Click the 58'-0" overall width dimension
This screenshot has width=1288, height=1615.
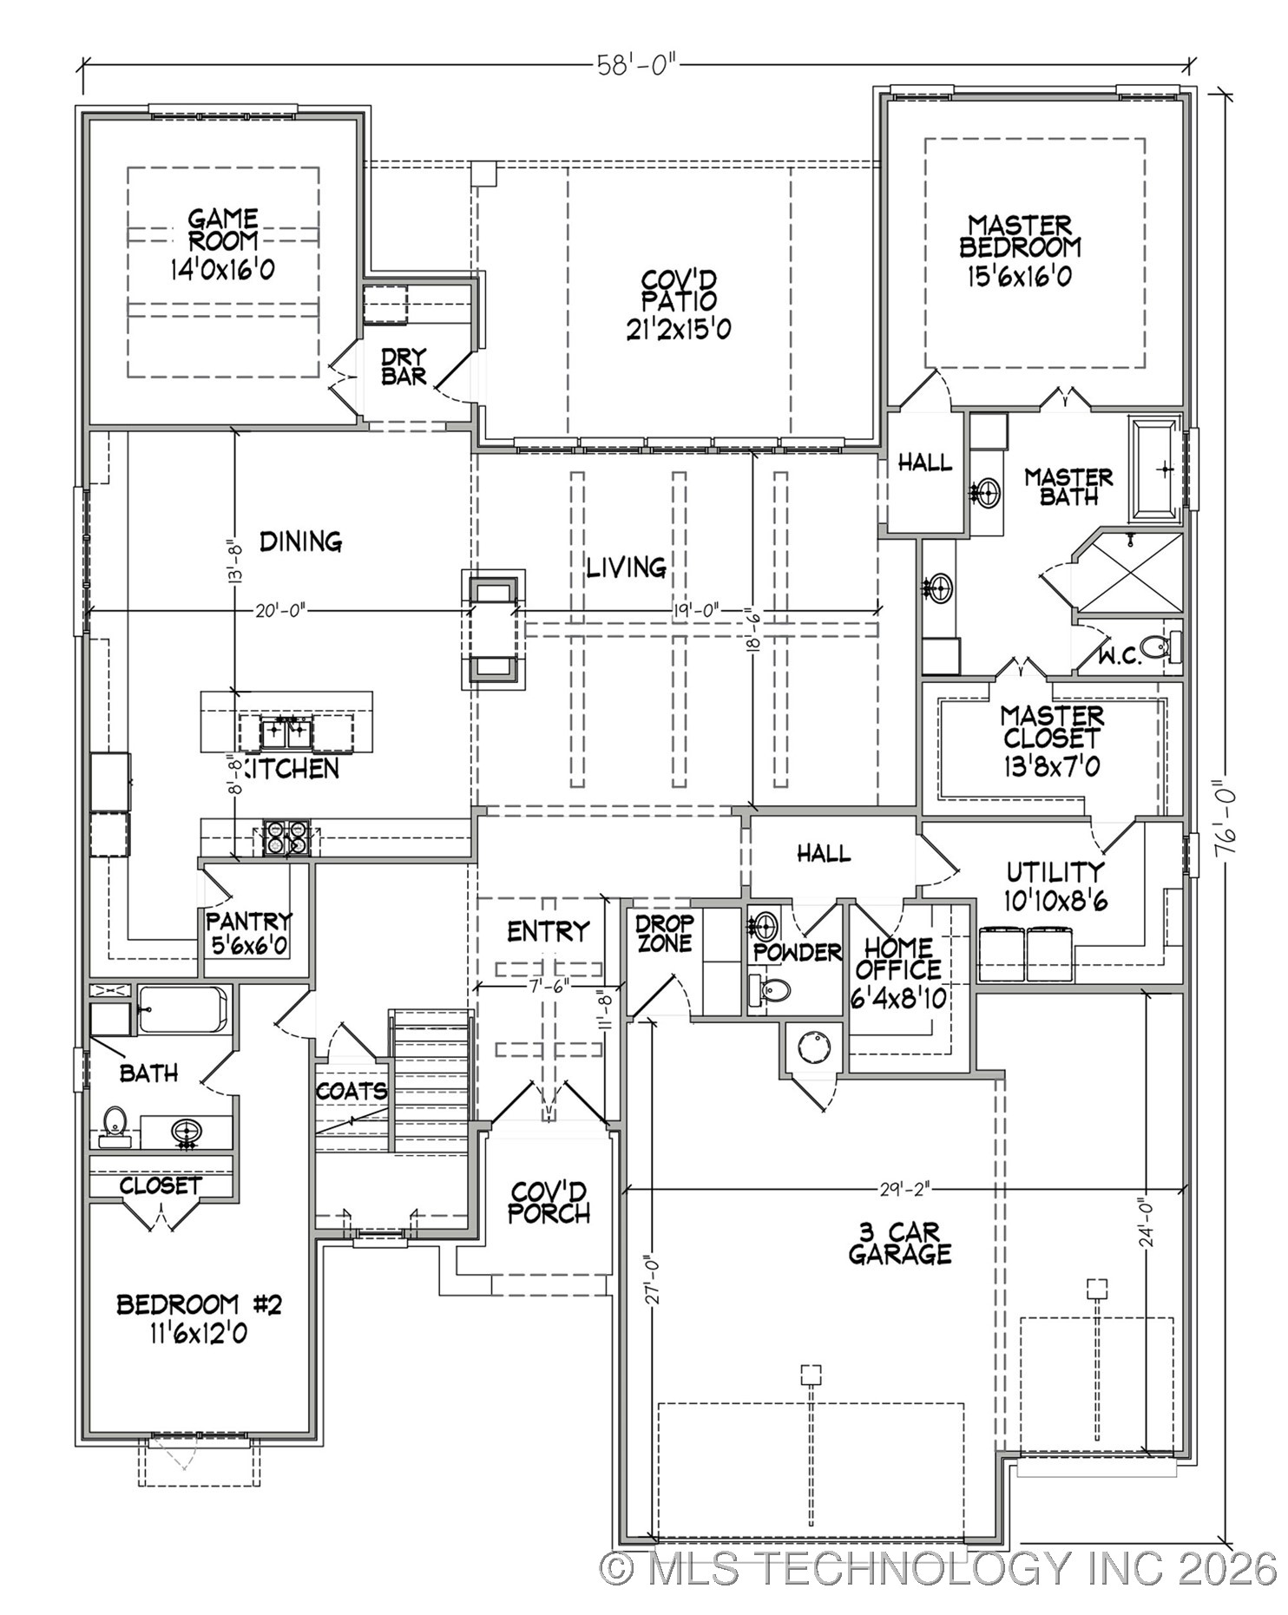click(636, 65)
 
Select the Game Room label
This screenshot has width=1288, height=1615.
click(223, 230)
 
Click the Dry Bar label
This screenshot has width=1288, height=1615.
click(404, 366)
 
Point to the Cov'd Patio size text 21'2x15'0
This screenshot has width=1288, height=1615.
click(679, 330)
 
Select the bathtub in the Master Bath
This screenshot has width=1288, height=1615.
click(1155, 469)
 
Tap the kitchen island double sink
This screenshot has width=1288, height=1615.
click(286, 733)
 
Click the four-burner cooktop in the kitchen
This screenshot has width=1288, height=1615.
click(286, 837)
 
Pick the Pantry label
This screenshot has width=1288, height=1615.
click(248, 920)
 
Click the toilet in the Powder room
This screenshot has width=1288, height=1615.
click(772, 989)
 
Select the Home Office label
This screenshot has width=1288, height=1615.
click(897, 958)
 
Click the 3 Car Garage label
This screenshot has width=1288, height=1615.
click(900, 1243)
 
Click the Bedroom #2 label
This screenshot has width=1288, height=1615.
click(199, 1304)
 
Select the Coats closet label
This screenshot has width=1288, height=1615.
click(351, 1091)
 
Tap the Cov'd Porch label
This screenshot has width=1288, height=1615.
click(549, 1202)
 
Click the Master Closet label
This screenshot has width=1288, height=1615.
click(1051, 727)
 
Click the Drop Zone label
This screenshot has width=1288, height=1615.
click(665, 933)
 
